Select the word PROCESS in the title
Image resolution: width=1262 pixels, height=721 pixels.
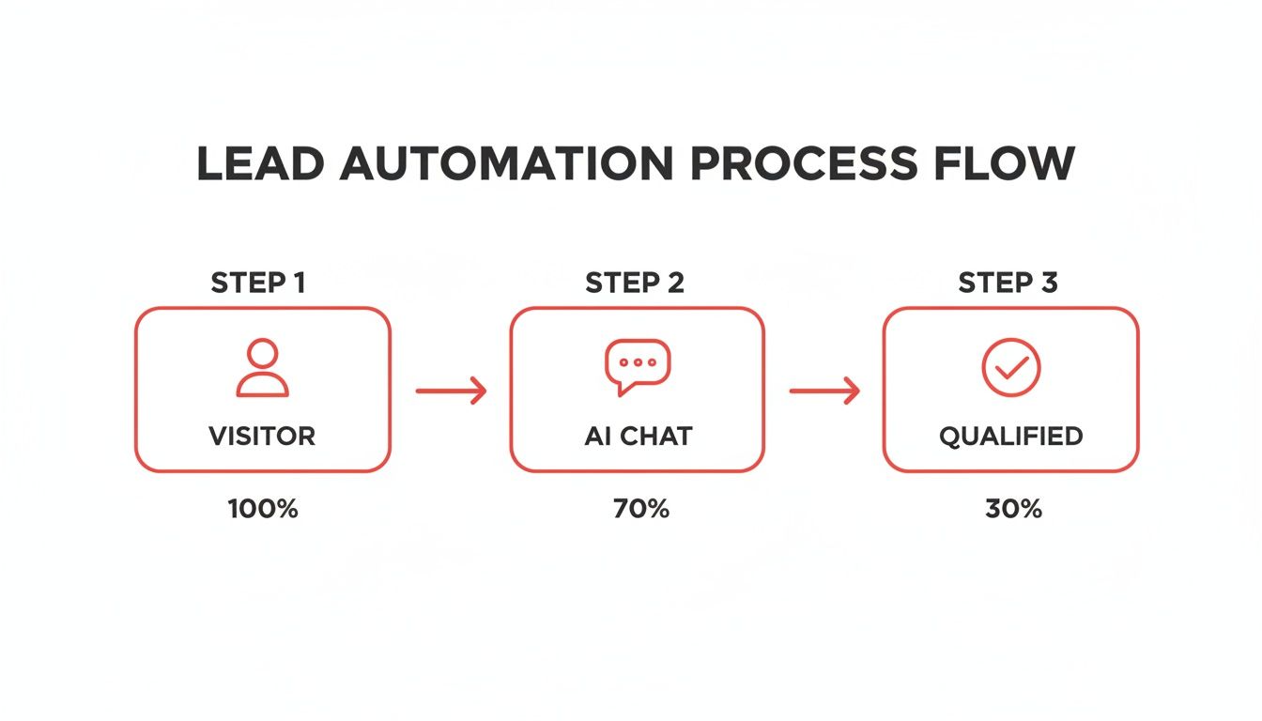802,165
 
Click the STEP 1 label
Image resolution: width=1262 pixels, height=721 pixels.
258,283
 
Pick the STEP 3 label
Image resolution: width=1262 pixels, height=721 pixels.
1007,283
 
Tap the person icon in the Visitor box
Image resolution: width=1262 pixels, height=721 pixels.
262,368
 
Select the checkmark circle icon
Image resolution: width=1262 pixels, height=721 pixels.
1010,367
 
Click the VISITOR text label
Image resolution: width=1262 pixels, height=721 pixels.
262,436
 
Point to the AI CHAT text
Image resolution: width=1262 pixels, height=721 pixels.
638,436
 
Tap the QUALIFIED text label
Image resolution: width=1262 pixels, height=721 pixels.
1010,436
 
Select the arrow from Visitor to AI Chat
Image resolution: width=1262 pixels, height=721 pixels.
451,391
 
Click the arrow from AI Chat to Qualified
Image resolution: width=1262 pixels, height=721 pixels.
824,391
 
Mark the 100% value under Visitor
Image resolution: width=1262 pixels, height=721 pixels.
263,509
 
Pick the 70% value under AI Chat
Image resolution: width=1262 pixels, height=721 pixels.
641,509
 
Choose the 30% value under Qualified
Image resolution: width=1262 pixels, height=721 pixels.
1013,509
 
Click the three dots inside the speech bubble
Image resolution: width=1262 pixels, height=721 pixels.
638,361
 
